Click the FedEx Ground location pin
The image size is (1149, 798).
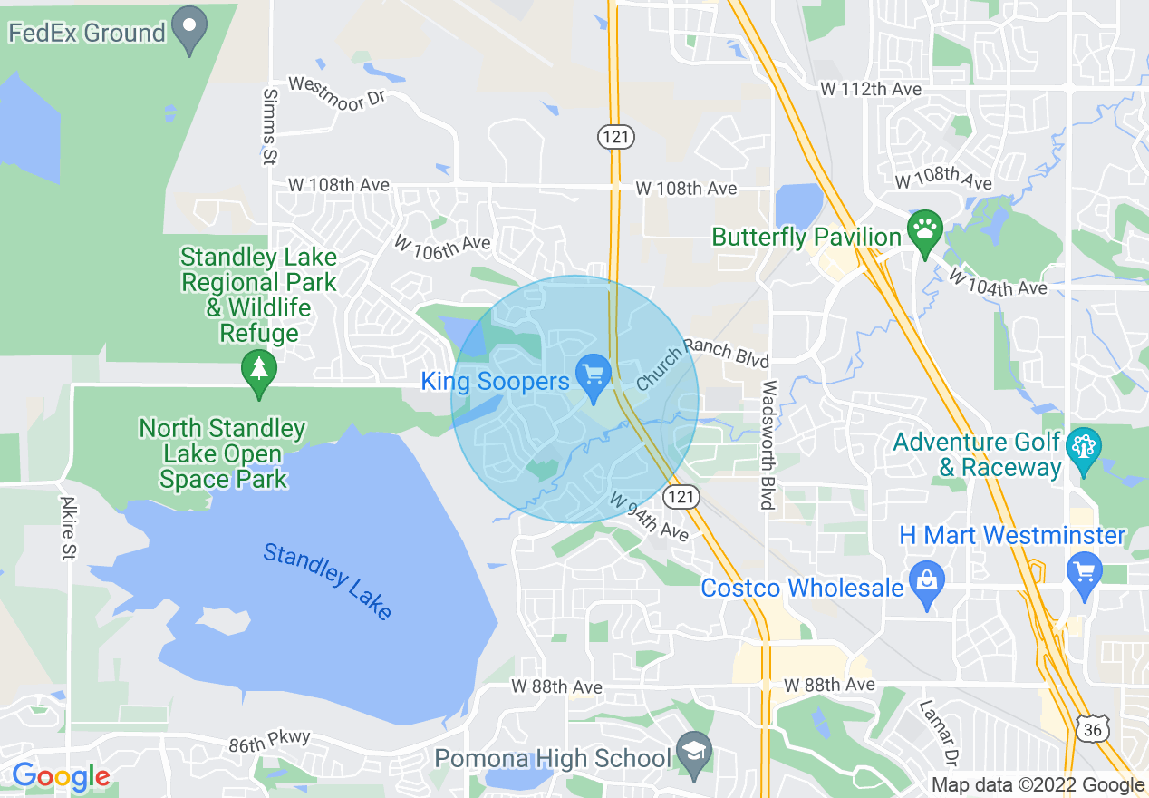pos(190,29)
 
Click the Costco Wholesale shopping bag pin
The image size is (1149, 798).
pos(926,584)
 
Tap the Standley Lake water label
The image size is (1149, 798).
pos(328,581)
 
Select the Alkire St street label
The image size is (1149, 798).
pos(68,527)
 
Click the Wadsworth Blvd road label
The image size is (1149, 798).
pos(768,444)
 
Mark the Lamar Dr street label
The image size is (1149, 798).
pos(939,731)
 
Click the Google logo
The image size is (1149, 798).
pos(61,777)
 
